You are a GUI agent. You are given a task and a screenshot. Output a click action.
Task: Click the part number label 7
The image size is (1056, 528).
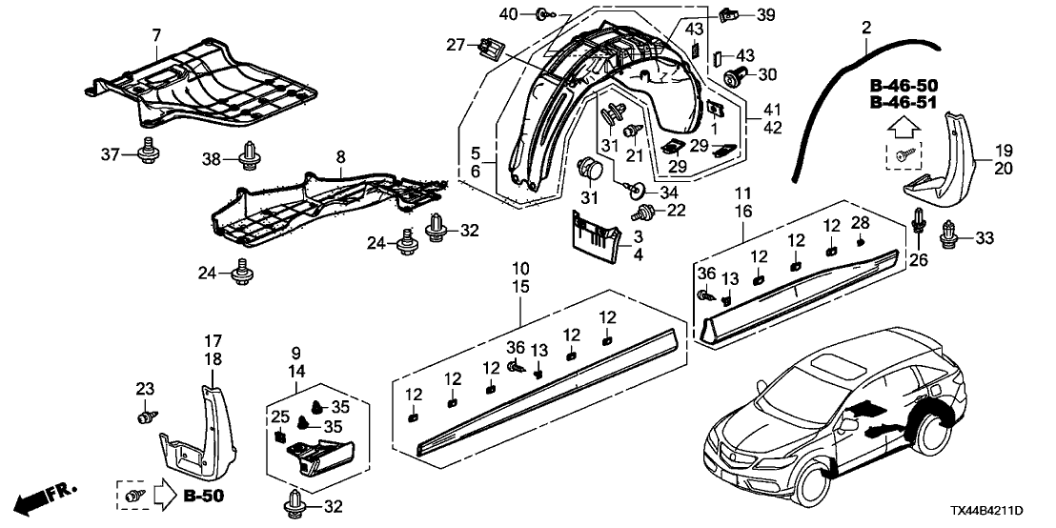pyautogui.click(x=155, y=36)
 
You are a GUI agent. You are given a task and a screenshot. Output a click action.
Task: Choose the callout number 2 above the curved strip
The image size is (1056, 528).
pyautogui.click(x=866, y=29)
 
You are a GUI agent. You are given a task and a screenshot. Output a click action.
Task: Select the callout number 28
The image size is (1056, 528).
pyautogui.click(x=861, y=223)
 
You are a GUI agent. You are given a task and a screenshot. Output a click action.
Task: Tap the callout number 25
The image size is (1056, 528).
pyautogui.click(x=279, y=417)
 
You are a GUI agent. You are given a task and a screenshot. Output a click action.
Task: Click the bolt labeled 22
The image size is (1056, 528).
pyautogui.click(x=645, y=209)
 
